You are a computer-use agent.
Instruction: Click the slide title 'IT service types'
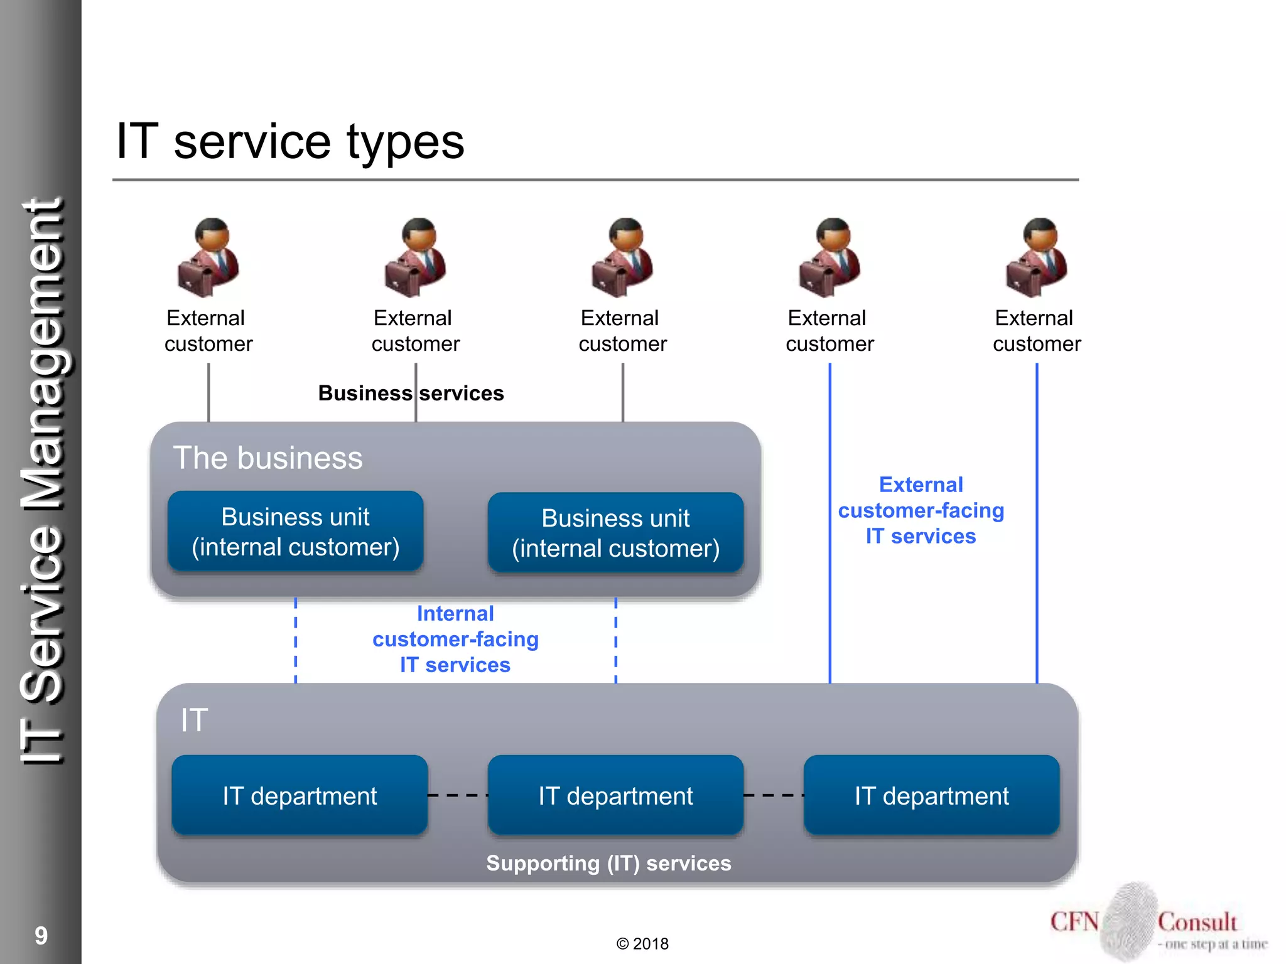point(290,142)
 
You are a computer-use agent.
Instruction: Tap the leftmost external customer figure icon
point(208,258)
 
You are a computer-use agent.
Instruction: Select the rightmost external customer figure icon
point(1037,258)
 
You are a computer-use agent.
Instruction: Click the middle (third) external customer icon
point(622,258)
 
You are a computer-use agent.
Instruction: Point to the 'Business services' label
point(411,393)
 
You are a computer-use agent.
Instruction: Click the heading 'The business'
point(268,458)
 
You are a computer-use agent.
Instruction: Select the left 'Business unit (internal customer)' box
point(296,532)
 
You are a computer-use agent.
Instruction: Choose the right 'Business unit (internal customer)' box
point(615,533)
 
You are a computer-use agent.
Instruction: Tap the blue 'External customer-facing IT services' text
point(921,510)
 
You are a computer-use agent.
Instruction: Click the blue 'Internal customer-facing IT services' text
point(455,639)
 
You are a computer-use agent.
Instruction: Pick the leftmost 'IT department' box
point(300,795)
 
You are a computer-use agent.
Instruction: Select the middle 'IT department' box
point(615,795)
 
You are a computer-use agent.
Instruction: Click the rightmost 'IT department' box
point(931,795)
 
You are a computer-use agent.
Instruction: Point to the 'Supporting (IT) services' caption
point(608,863)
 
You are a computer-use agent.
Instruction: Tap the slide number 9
point(41,936)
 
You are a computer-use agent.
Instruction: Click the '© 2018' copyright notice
point(642,944)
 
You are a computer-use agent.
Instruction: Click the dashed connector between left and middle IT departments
point(458,795)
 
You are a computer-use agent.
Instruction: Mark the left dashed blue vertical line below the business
point(296,640)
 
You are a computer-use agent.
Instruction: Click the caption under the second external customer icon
point(415,331)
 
